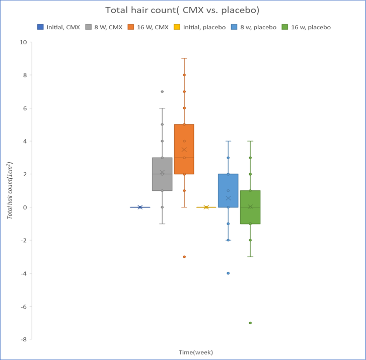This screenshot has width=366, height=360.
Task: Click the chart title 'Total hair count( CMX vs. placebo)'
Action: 182,10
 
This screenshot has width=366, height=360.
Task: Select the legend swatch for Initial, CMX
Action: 40,27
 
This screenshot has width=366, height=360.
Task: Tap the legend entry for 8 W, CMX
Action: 104,27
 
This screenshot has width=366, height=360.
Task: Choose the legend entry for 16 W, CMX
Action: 148,27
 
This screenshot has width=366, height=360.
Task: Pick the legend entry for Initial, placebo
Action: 200,27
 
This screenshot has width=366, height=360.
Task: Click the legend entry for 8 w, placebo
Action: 254,27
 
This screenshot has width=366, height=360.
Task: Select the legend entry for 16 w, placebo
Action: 306,27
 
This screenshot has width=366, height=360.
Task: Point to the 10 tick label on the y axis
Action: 23,42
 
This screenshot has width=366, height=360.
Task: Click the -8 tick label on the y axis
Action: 24,339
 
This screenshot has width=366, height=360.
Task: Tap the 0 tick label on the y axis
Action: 25,207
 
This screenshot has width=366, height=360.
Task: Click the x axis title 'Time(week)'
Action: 196,352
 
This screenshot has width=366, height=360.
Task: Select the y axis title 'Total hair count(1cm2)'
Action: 10,190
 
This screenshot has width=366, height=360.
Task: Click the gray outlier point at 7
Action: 162,92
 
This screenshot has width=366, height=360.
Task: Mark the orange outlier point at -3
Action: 184,257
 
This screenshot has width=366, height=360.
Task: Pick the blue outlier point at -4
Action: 228,273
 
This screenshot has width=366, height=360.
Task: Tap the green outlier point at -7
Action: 250,323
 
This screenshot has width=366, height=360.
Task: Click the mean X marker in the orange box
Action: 184,150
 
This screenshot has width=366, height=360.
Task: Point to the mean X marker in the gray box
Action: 162,172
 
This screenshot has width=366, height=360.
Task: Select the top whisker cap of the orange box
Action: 184,58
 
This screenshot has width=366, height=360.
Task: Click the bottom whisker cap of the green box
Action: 250,257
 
